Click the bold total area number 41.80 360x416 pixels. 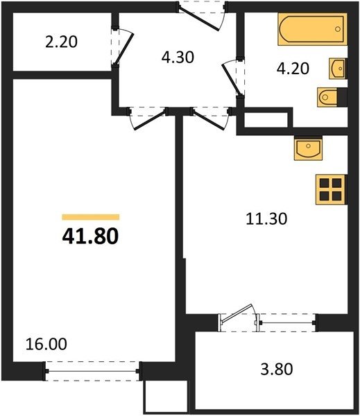click(90, 236)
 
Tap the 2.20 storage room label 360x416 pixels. click(61, 42)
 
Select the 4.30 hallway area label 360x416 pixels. click(178, 58)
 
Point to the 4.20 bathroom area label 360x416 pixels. click(293, 69)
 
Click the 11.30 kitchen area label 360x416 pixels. click(266, 219)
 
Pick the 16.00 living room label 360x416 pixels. click(46, 344)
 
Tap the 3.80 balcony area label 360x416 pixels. click(277, 369)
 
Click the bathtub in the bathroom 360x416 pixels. click(312, 29)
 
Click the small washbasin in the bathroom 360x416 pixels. click(338, 69)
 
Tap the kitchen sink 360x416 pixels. click(308, 148)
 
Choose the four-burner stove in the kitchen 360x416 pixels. click(331, 190)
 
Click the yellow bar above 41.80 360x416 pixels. click(91, 217)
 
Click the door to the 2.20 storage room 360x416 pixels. click(122, 46)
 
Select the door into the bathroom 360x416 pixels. click(232, 78)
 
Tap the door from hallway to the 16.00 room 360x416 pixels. click(148, 118)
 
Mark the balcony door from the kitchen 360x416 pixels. click(238, 318)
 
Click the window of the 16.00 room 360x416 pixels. click(92, 371)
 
